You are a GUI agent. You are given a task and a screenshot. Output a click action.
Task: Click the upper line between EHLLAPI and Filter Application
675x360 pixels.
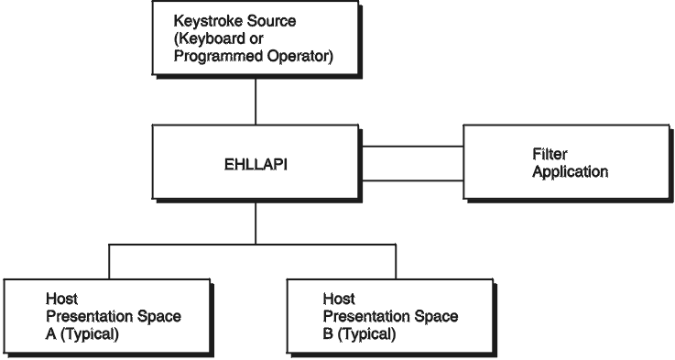click(412, 146)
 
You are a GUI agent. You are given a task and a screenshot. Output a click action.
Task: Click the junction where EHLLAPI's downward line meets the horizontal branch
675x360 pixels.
click(256, 245)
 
